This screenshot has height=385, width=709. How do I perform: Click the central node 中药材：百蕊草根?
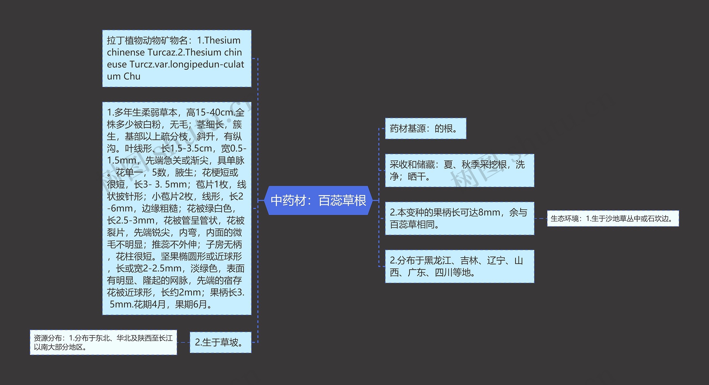pos(318,200)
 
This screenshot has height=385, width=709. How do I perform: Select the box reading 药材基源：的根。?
pos(425,129)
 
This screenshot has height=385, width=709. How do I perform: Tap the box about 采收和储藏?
pos(459,170)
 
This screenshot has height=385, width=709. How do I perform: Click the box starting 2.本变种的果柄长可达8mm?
pos(459,218)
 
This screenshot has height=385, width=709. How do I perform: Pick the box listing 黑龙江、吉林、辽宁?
pos(459,266)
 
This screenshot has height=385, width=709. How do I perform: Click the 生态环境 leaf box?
pos(613,219)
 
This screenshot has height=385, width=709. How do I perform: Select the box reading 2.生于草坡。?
pos(220,342)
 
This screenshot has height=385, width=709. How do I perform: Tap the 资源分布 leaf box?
pos(103,342)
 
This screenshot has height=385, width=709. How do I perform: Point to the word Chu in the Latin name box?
pos(132,76)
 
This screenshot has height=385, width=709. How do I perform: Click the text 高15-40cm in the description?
pos(211,112)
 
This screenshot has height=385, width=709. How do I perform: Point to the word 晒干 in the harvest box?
pos(417,176)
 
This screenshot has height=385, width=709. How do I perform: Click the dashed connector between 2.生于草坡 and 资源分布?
pos(183,342)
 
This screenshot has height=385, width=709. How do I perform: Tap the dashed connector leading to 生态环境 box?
pos(540,219)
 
